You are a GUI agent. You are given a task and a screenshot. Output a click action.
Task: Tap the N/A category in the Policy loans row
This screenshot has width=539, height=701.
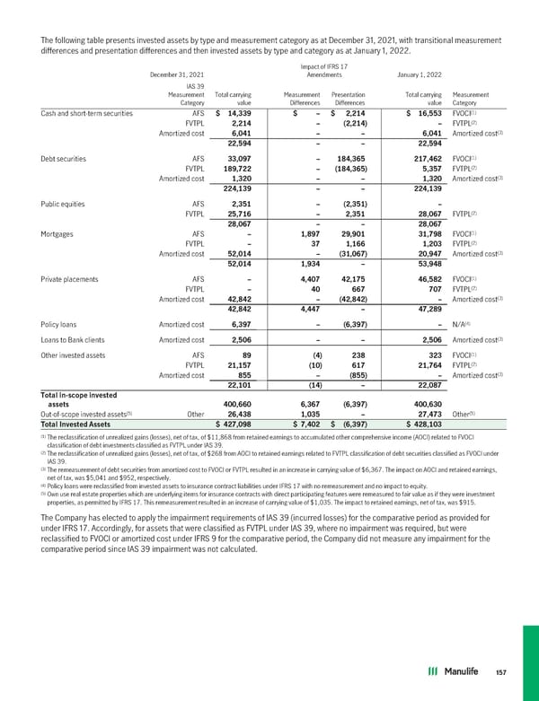click(x=466, y=297)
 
